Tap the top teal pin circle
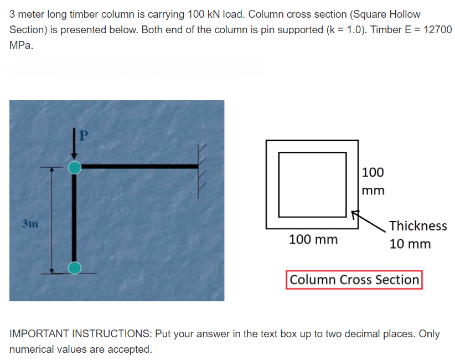click(x=75, y=167)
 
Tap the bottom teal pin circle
click(x=75, y=268)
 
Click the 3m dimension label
click(x=30, y=224)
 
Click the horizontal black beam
click(x=138, y=166)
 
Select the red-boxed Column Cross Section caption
click(x=354, y=280)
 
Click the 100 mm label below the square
click(x=313, y=240)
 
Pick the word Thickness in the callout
click(x=418, y=226)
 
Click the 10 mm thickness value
click(x=410, y=244)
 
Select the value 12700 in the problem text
click(x=437, y=30)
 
